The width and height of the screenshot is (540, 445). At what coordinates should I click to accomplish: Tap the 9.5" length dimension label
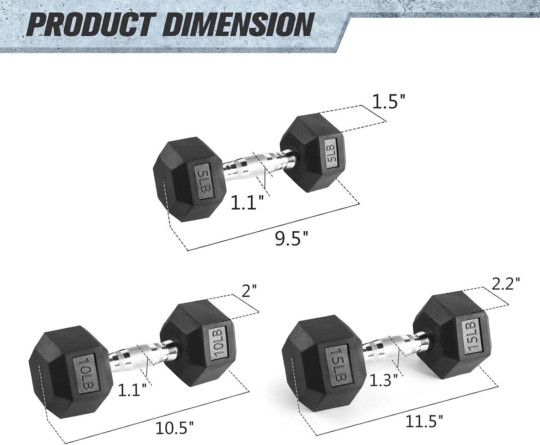click(292, 239)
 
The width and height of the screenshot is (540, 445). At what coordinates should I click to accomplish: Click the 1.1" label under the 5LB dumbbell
click(247, 202)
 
